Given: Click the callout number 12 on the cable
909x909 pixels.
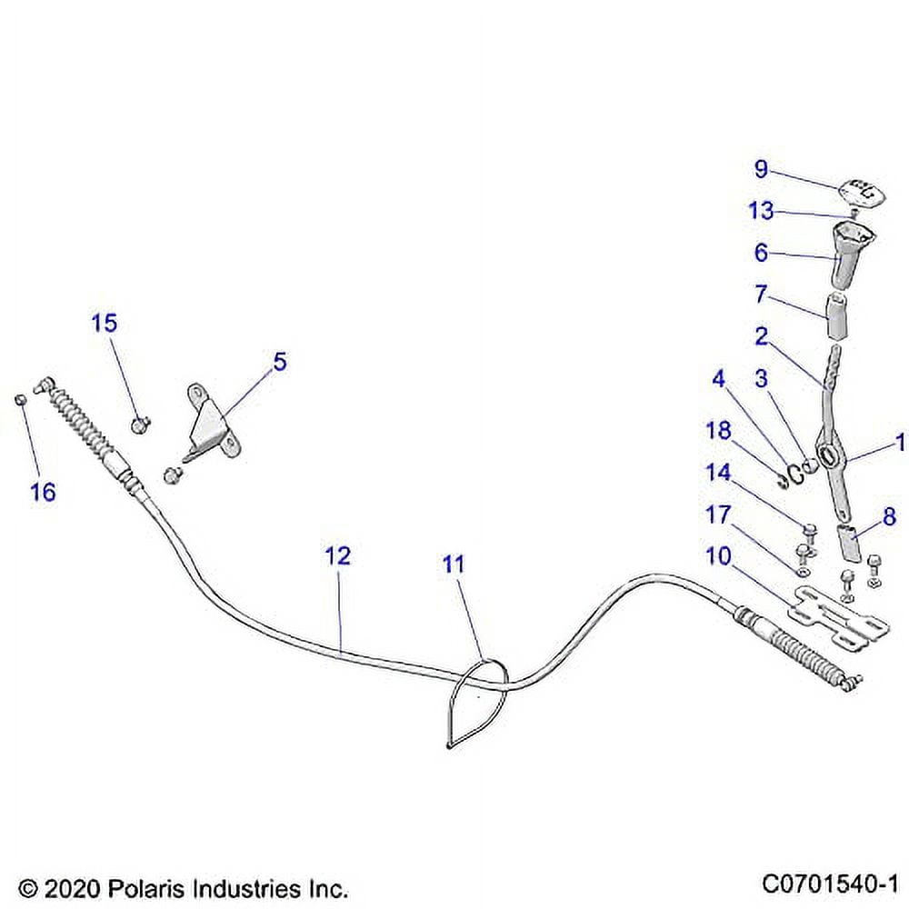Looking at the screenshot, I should point(337,555).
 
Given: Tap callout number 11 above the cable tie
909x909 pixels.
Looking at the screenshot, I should point(453,564).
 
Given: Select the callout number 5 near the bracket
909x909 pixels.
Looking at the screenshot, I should point(279,362).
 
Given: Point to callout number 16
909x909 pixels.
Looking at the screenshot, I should point(43,492).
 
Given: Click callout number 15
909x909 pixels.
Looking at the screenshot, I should point(104,323).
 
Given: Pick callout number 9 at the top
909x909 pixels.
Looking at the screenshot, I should point(761,169).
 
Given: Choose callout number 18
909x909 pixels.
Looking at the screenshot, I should point(718,430).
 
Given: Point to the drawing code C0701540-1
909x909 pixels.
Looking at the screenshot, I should point(830,884).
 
